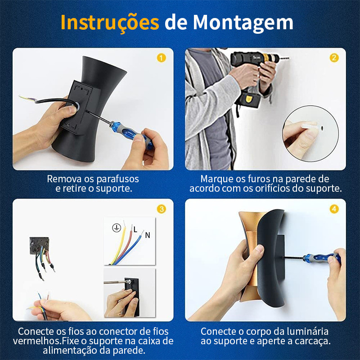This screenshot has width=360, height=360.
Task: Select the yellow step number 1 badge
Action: point(162,58)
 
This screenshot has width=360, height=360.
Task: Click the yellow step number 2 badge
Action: point(334,58)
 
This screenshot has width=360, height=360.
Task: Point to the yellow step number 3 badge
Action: point(162,209)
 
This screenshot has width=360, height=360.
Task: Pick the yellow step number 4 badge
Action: point(334,209)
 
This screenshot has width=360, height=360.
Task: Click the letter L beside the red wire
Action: point(135,229)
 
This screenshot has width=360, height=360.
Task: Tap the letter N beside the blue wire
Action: point(148,235)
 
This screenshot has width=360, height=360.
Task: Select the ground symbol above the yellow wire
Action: point(117,228)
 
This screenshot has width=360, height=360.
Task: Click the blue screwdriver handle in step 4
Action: point(321,257)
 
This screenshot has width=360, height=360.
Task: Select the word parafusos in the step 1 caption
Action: point(117,179)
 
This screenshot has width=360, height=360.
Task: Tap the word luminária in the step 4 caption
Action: point(307,332)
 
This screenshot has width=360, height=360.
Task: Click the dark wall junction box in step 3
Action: point(39,245)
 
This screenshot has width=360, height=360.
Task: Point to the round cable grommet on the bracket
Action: point(76,105)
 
